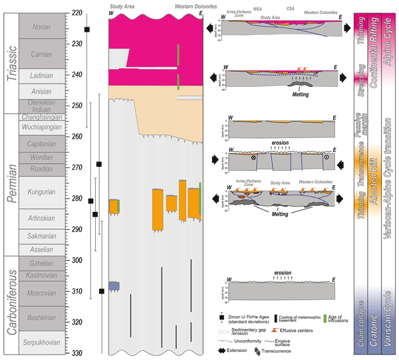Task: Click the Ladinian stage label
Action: (x=41, y=76)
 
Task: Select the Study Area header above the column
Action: (x=121, y=7)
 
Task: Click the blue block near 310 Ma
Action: (x=114, y=286)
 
